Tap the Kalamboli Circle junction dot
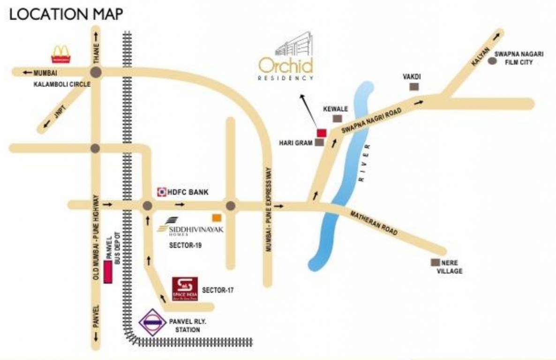click(96, 72)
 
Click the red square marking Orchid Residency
click(322, 133)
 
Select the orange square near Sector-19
click(217, 217)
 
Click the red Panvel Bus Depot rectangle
click(108, 272)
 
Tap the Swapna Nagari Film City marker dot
click(492, 60)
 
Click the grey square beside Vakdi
click(414, 87)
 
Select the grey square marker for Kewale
click(336, 119)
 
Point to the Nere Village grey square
click(436, 263)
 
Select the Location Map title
click(66, 14)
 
